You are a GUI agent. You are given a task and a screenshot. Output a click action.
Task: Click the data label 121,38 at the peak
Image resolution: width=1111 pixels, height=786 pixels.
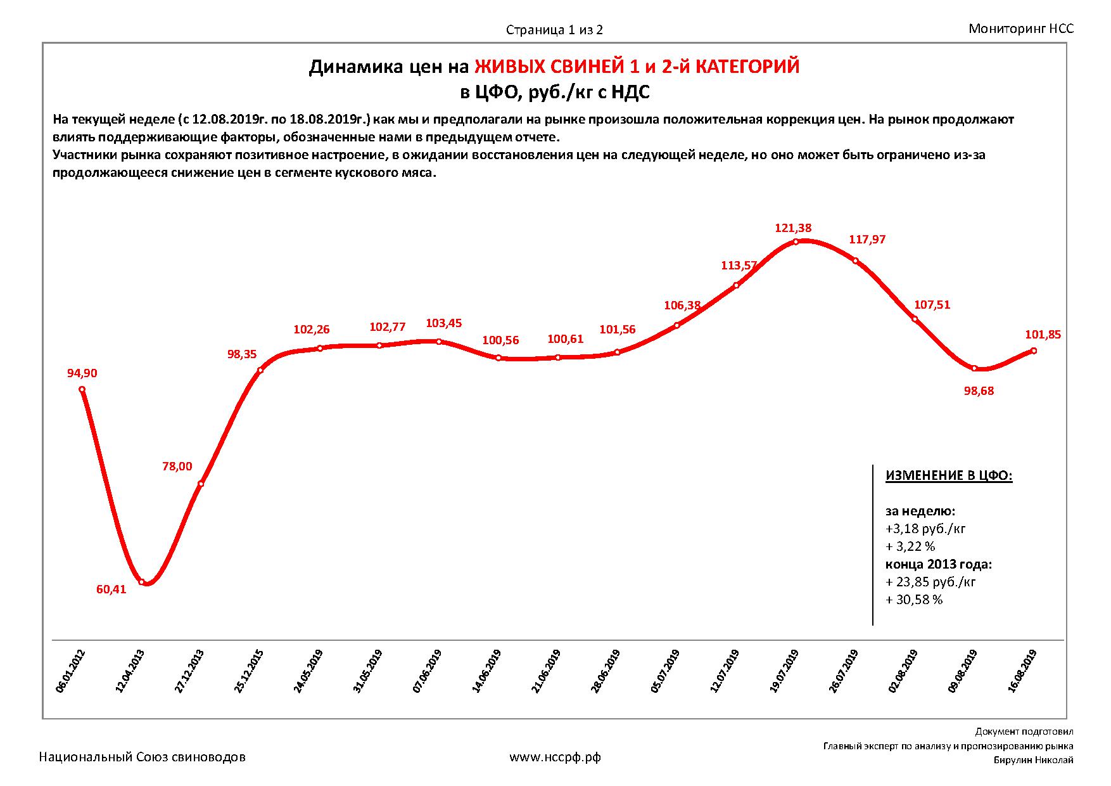793,228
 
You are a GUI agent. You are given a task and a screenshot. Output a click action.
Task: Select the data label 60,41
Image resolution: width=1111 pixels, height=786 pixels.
111,589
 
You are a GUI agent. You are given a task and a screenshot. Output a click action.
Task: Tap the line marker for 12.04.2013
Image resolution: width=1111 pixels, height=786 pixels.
142,582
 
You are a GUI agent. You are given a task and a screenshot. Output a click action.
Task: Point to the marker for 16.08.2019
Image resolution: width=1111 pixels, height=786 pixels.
1034,351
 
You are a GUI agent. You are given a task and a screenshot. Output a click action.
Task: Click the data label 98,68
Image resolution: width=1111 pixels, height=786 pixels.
979,391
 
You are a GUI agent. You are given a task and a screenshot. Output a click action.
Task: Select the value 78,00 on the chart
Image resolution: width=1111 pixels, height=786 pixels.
177,467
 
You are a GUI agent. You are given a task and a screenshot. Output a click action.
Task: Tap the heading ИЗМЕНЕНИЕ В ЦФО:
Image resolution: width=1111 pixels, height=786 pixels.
949,476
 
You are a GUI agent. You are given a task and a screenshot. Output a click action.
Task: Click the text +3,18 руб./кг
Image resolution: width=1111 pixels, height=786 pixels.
925,529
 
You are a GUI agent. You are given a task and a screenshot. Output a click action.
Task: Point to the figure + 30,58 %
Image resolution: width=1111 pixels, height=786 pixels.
914,600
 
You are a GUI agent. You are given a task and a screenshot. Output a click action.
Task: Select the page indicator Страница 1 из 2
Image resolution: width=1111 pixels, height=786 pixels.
554,30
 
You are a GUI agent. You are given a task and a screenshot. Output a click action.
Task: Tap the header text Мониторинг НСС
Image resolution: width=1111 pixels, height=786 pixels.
1021,29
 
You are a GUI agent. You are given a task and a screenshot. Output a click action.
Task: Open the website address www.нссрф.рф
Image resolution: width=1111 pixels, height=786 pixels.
555,757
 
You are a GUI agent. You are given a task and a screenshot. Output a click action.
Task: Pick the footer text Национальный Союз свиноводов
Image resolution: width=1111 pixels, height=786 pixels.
143,757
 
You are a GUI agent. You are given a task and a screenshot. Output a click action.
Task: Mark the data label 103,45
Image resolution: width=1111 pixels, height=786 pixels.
444,323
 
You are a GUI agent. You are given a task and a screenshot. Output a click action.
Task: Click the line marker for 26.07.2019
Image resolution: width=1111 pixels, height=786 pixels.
855,261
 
